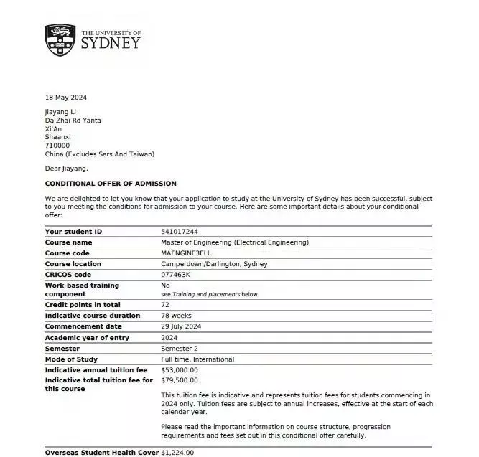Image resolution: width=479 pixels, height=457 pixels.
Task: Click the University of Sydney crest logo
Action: (x=60, y=40)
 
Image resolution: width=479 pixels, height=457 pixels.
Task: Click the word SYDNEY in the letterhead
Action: (x=111, y=43)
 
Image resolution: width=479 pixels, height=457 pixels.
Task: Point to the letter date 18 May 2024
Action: (x=66, y=98)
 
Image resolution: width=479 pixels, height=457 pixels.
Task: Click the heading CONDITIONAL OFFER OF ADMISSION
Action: (x=110, y=184)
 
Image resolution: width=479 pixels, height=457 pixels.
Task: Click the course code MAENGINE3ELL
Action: (x=190, y=253)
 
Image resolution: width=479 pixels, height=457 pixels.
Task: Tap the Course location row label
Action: (x=73, y=264)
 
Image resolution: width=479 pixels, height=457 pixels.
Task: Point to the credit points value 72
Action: (x=165, y=305)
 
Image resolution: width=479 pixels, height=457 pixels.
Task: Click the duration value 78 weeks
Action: (x=176, y=316)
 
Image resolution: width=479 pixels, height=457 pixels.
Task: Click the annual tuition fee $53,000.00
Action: (x=180, y=370)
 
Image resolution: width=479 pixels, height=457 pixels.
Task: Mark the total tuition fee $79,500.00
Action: (x=180, y=380)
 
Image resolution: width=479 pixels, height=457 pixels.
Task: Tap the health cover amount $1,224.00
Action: (x=177, y=453)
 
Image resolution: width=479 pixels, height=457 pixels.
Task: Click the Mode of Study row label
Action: (x=71, y=359)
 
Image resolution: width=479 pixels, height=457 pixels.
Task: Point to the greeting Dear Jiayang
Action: (x=66, y=169)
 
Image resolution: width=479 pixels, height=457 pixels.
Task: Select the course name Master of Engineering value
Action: (x=235, y=242)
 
